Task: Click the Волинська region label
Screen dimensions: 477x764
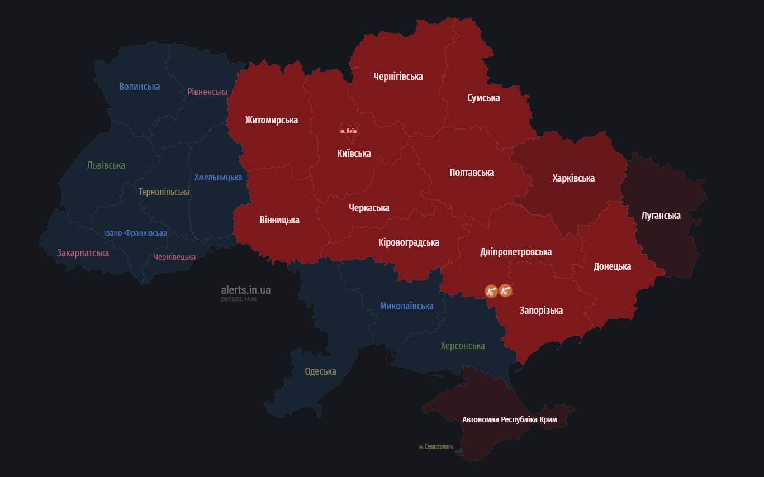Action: (x=139, y=87)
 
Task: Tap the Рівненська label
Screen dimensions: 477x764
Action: (x=207, y=92)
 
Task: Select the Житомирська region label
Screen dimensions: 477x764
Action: (x=271, y=120)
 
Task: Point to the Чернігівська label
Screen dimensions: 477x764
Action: (x=398, y=77)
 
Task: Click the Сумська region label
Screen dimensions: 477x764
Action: (x=483, y=98)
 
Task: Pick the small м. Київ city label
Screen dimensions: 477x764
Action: (x=348, y=131)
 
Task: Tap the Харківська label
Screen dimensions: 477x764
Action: (x=573, y=178)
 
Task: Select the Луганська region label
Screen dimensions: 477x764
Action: (x=661, y=216)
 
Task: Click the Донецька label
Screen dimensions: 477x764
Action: (x=612, y=266)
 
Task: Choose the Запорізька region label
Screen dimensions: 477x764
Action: (x=541, y=311)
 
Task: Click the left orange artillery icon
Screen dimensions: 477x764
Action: (x=491, y=290)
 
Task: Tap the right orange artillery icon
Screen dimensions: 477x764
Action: (x=505, y=290)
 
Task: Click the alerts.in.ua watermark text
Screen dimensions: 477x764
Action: (x=245, y=290)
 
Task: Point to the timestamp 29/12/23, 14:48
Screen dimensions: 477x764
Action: (x=239, y=299)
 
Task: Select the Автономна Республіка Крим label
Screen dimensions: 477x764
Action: (x=509, y=419)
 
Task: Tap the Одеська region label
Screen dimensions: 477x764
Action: (x=320, y=371)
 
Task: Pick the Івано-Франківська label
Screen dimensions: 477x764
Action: (x=135, y=233)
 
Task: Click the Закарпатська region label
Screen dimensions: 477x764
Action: (x=83, y=253)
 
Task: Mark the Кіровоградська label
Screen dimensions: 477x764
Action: (x=409, y=242)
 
